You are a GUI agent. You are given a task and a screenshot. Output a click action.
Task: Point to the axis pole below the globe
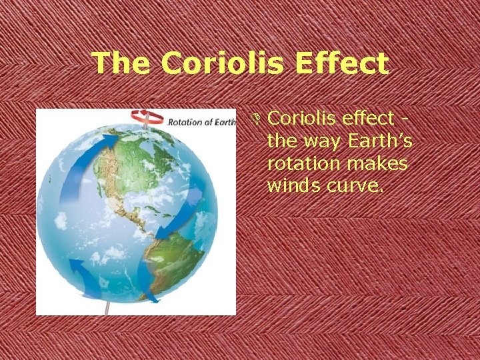click(109, 308)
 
